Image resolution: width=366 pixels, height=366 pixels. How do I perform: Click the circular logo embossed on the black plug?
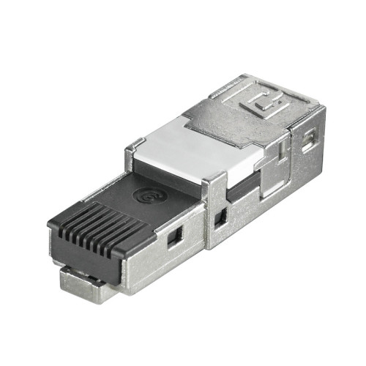(145, 196)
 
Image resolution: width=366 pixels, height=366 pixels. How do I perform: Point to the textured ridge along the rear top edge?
(293, 84)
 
